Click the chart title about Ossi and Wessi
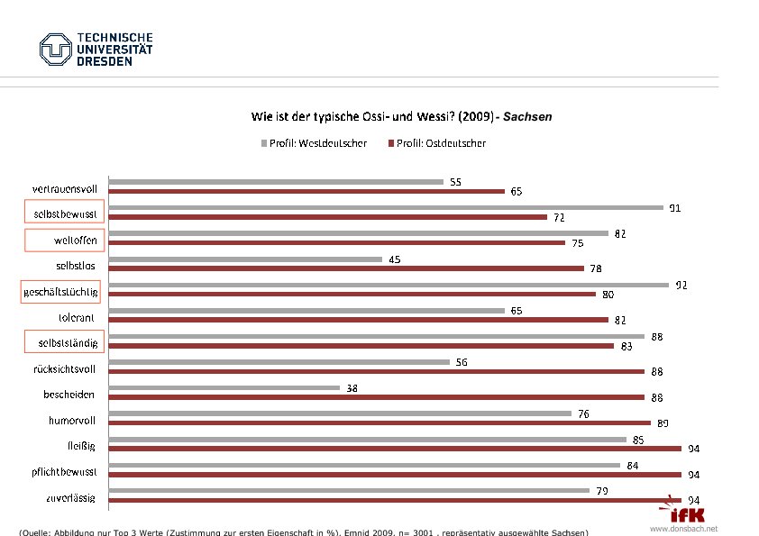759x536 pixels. click(x=401, y=117)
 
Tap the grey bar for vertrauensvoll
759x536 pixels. click(x=276, y=181)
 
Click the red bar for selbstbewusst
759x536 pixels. click(x=327, y=217)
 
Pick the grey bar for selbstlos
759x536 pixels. click(x=245, y=259)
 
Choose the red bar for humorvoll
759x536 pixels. click(x=379, y=422)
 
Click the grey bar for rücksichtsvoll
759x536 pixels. click(x=279, y=362)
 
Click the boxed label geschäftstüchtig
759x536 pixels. click(x=59, y=293)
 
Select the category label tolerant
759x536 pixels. click(x=78, y=318)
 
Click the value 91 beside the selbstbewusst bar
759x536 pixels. click(x=674, y=208)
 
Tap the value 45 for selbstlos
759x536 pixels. click(x=395, y=259)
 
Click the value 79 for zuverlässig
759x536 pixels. click(x=602, y=491)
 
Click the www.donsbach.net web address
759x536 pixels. click(x=683, y=529)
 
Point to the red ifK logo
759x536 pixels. click(x=686, y=513)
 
